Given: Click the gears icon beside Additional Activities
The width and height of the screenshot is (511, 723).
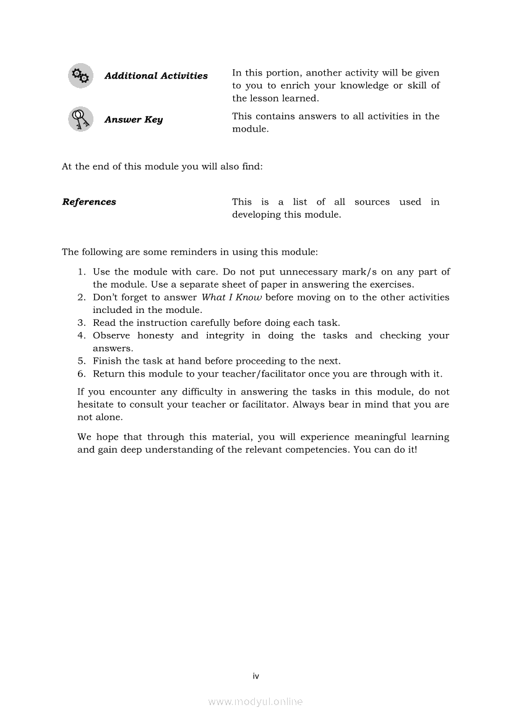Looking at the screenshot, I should point(80,75).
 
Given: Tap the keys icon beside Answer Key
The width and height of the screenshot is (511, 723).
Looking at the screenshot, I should point(80,119).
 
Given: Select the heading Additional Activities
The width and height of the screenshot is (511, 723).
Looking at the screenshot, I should point(156,76).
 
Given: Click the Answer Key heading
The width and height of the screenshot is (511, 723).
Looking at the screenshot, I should point(134,119).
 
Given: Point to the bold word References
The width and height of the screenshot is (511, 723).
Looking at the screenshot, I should point(89,202).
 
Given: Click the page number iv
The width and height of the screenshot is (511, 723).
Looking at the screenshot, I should point(255,676).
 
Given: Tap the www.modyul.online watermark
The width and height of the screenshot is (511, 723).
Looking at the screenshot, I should point(255,702).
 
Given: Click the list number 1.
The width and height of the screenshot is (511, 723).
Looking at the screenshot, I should point(81,272).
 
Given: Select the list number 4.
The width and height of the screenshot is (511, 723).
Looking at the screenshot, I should point(81,335).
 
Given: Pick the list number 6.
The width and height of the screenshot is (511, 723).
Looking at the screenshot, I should point(81,374).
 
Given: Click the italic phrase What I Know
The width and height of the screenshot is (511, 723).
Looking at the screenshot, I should point(232,297).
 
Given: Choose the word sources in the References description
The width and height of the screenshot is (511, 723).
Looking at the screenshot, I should point(372,202).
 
